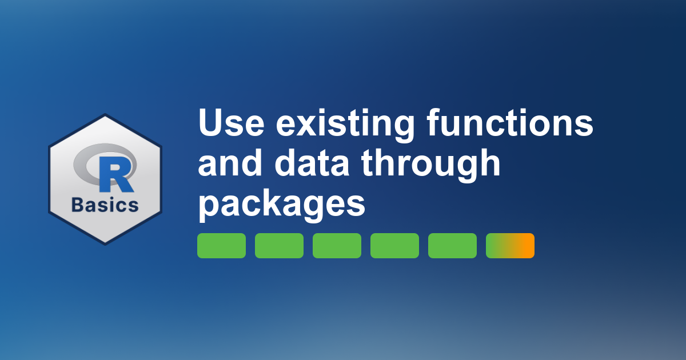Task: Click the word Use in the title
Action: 231,123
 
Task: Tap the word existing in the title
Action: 345,126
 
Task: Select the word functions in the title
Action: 510,122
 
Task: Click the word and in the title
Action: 230,162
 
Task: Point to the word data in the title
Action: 312,162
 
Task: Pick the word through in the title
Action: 430,165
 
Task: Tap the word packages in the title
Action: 282,205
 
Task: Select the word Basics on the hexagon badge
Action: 105,205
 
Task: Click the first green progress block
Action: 221,246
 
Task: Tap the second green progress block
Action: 280,246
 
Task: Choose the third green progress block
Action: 337,246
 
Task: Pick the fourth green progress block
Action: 395,246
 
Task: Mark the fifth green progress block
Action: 452,246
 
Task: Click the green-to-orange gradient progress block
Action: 510,246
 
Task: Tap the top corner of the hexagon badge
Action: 105,114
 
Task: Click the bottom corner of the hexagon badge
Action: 105,245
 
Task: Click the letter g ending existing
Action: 402,129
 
